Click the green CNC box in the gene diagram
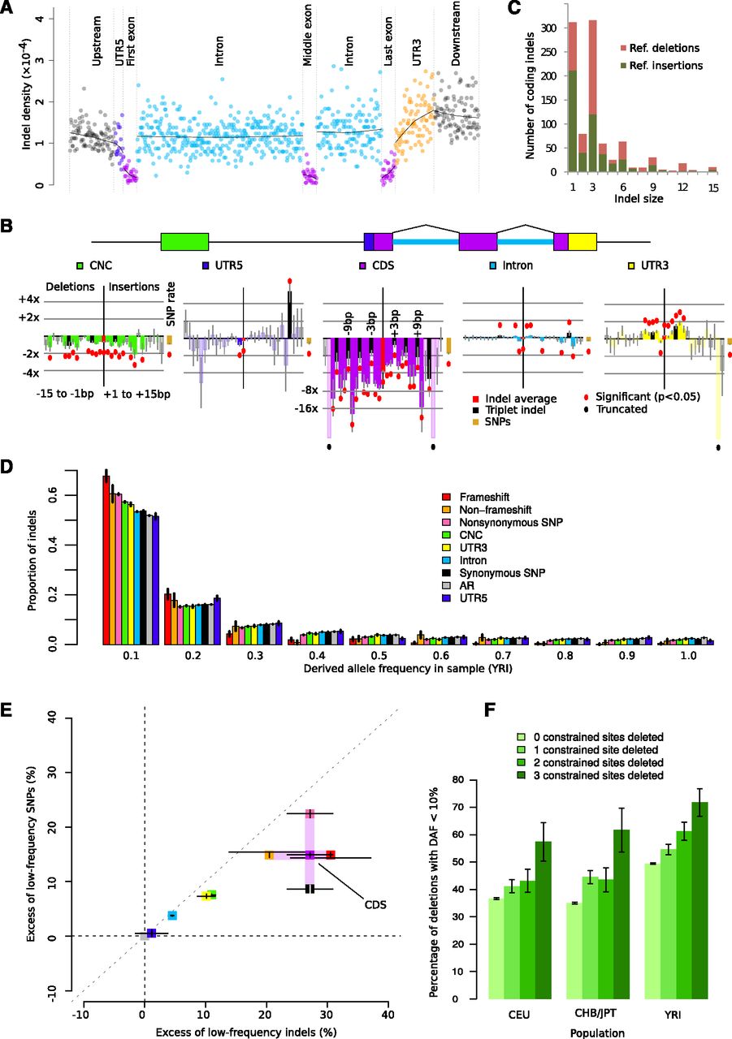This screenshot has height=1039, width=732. coord(184,241)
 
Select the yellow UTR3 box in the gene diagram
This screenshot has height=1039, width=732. coord(582,241)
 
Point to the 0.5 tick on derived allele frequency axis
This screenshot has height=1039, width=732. coord(373,654)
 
